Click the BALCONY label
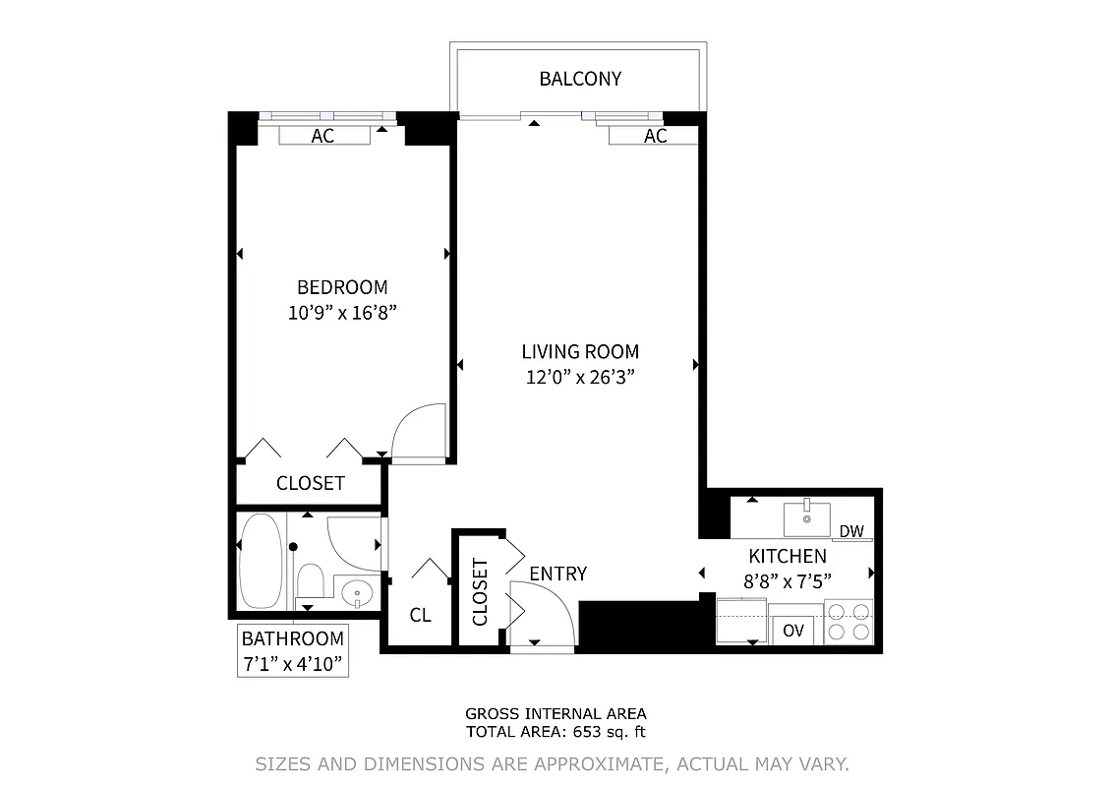coord(580,80)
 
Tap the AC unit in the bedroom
coord(322,137)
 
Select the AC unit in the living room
coord(655,137)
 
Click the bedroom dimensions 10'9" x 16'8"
coord(342,313)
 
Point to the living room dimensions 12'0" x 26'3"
coord(580,377)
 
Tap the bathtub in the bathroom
coord(261,561)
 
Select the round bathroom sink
coord(356,592)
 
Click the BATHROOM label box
coord(293,651)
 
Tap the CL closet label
coord(420,616)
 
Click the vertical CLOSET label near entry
coord(480,592)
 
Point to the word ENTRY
coord(557,574)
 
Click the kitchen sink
coord(806,518)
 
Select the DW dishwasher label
coord(851,532)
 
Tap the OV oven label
coord(793,631)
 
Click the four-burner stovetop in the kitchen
coord(849,622)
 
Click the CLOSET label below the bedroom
coord(310,483)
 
